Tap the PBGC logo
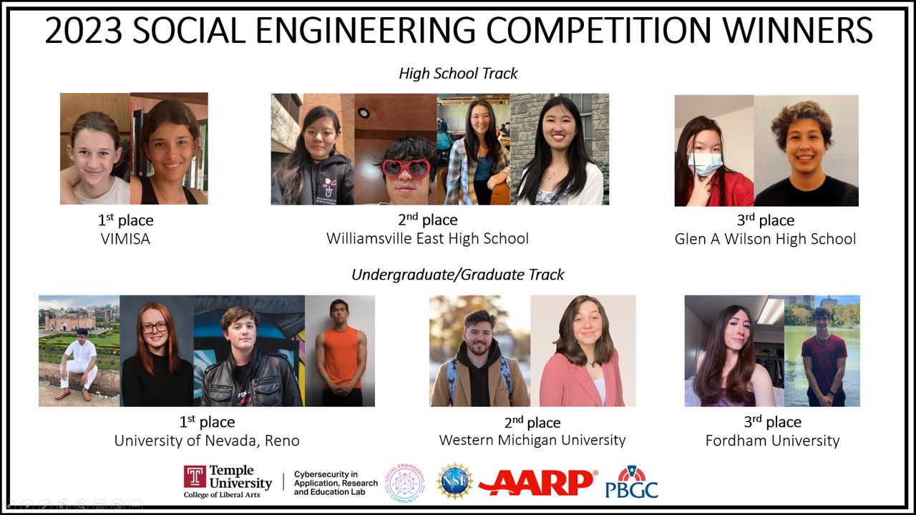[x=632, y=482]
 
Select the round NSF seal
[x=454, y=481]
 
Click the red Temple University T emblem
[x=195, y=476]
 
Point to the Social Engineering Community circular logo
[x=405, y=483]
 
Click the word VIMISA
[x=125, y=239]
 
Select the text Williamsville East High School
[x=427, y=238]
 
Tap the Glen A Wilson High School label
[x=765, y=239]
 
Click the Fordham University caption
[x=772, y=441]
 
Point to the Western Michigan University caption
[x=532, y=440]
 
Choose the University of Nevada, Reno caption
[x=207, y=441]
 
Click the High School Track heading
[x=458, y=74]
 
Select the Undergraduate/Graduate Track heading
[x=458, y=275]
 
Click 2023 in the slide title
[x=84, y=31]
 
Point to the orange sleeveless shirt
[x=340, y=357]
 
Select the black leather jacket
[x=251, y=379]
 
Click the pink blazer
[x=582, y=379]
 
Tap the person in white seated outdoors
[x=79, y=364]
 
